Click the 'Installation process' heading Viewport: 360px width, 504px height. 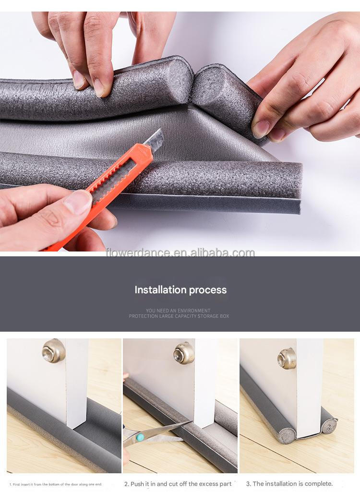(x=180, y=290)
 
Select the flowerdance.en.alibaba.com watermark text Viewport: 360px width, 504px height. (x=180, y=252)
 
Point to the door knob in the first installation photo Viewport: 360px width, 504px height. (x=53, y=351)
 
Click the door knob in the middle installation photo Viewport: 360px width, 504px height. (x=184, y=353)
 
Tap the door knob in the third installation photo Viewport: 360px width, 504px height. (x=287, y=358)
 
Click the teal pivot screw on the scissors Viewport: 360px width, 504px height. (x=140, y=437)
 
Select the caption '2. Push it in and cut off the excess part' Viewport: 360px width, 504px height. (x=178, y=484)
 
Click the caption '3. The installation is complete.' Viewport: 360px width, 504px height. (x=289, y=484)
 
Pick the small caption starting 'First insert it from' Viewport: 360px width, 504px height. (x=56, y=484)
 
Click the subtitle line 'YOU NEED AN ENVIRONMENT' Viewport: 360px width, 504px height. (x=178, y=311)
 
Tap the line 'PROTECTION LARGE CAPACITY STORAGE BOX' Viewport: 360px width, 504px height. (x=179, y=316)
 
